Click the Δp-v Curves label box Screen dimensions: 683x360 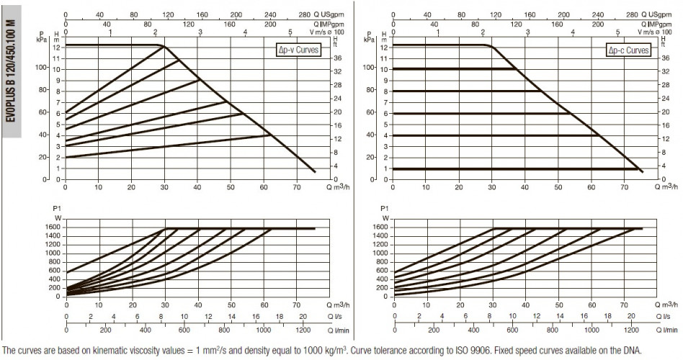pyautogui.click(x=298, y=50)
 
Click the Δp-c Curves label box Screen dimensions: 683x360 pyautogui.click(x=628, y=50)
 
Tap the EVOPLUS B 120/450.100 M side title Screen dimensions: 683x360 pyautogui.click(x=12, y=71)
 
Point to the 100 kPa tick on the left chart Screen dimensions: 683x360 pyautogui.click(x=42, y=68)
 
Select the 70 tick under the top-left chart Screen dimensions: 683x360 pyautogui.click(x=297, y=188)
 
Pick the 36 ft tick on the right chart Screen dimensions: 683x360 pyautogui.click(x=666, y=58)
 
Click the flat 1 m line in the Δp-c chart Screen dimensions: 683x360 pyautogui.click(x=517, y=169)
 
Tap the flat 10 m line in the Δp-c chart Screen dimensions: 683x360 pyautogui.click(x=455, y=69)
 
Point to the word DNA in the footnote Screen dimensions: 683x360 pyautogui.click(x=634, y=351)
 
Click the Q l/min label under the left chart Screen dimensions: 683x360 pyautogui.click(x=339, y=330)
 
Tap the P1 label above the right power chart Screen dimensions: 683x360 pyautogui.click(x=384, y=209)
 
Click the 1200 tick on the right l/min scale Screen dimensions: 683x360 pyautogui.click(x=632, y=330)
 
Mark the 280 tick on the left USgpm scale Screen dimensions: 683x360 pyautogui.click(x=305, y=15)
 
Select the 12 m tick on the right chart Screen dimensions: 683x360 pyautogui.click(x=384, y=47)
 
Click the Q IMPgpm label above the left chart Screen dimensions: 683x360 pyautogui.click(x=329, y=24)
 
